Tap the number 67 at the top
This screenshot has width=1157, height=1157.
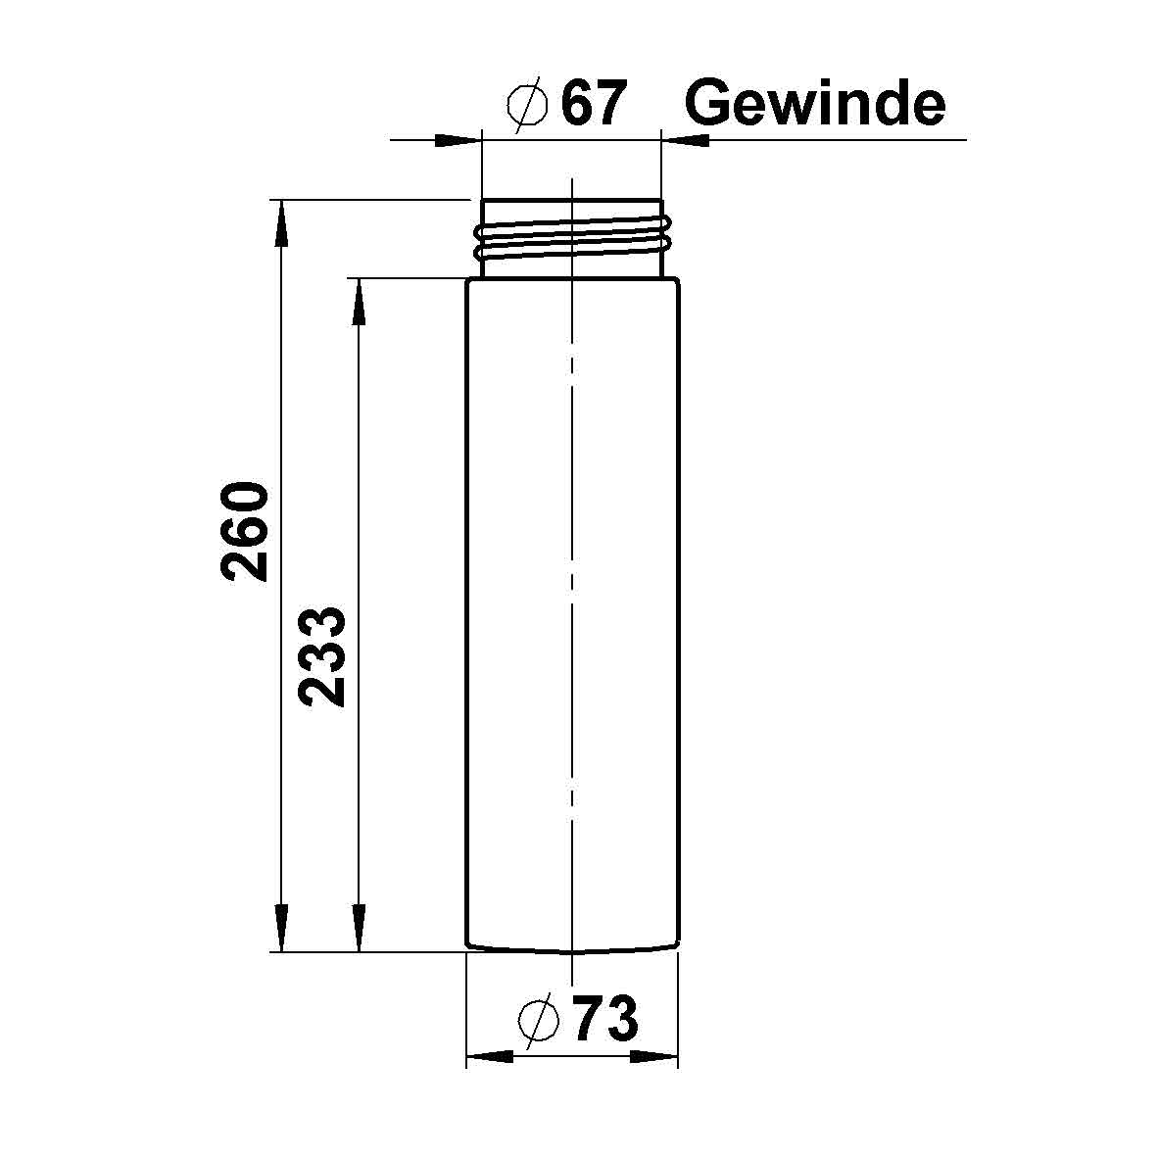pos(592,103)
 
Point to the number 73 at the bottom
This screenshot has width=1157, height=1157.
pos(605,1020)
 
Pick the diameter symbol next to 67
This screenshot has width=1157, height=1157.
pos(527,104)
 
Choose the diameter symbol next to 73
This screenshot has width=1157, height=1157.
pos(538,1021)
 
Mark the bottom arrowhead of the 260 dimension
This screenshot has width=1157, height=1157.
pos(281,927)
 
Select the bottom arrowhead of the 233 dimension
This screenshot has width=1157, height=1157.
pos(360,927)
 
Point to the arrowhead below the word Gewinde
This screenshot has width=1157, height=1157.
pos(686,140)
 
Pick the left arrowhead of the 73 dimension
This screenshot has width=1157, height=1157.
pos(490,1056)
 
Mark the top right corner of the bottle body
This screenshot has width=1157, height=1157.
pos(677,281)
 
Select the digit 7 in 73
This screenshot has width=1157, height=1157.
pos(589,1020)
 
